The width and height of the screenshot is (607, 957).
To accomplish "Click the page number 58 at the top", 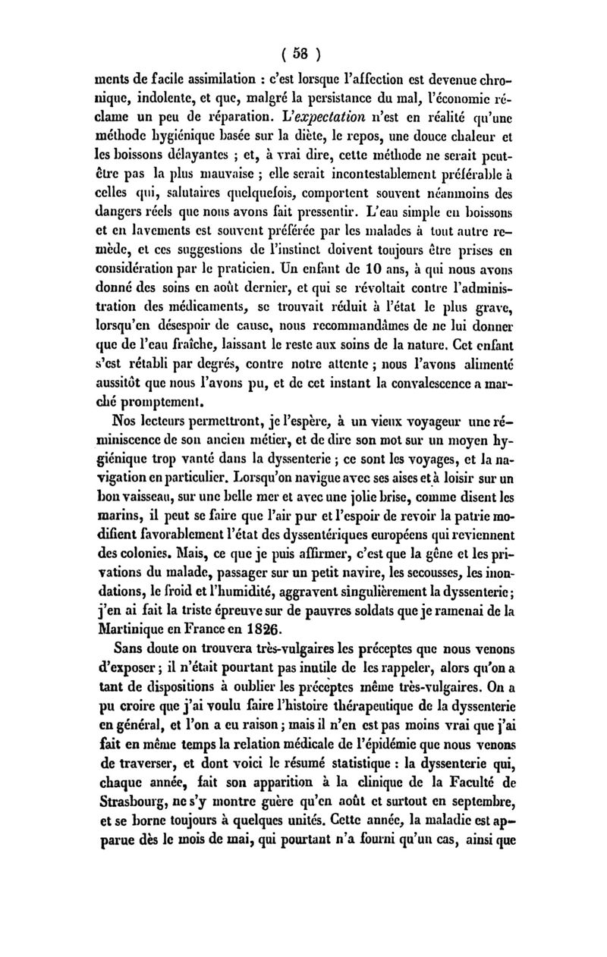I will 302,54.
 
